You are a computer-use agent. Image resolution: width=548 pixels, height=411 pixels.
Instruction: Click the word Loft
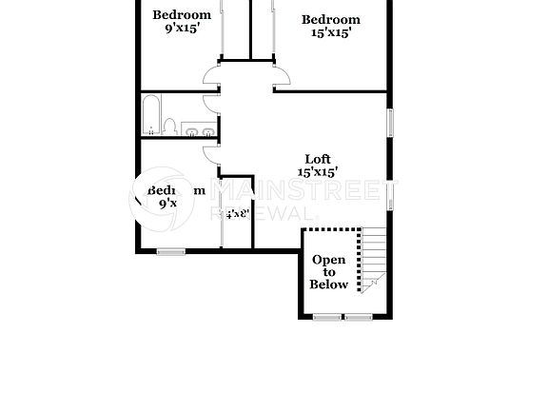318,159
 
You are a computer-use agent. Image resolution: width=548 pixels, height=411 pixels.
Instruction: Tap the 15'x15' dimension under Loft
318,172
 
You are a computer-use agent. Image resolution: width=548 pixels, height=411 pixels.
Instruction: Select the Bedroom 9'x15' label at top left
181,21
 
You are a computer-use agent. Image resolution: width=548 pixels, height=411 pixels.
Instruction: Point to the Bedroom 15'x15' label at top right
331,26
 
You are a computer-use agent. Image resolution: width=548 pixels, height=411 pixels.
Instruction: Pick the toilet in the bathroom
169,127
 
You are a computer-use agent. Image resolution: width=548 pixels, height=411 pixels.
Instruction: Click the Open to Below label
329,272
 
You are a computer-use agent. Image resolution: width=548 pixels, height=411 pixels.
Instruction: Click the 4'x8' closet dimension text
235,214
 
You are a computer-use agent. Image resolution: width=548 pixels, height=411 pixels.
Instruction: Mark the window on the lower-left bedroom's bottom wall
171,251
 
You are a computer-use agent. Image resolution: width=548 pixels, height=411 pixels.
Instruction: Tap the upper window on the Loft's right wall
389,125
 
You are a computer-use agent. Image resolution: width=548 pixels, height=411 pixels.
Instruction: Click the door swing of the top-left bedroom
210,76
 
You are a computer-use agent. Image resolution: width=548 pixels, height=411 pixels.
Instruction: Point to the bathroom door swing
211,107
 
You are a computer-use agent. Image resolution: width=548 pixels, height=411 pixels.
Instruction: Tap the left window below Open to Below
329,317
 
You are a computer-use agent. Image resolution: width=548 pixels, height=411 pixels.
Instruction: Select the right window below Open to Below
359,317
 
